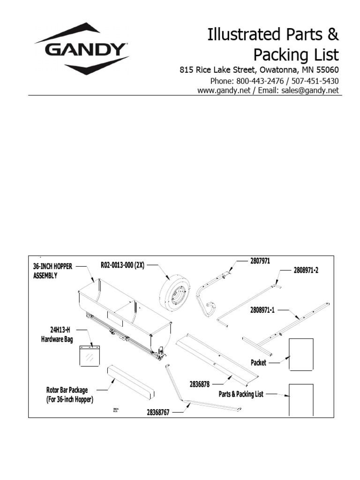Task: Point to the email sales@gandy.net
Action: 310,91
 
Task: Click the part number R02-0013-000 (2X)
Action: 122,265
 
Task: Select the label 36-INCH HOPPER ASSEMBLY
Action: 52,271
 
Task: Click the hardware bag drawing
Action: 90,355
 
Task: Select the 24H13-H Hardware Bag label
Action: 57,336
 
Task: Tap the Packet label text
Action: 258,362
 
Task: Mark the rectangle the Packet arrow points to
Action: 301,354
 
